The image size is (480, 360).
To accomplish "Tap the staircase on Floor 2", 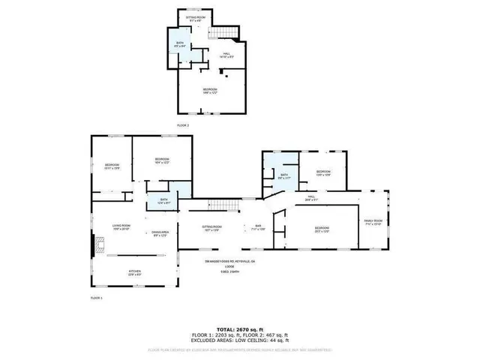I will (x=223, y=32).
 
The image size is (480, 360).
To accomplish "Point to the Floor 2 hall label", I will (x=226, y=55).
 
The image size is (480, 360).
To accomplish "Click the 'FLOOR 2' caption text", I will (x=183, y=124).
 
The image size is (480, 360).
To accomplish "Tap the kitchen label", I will (x=136, y=273).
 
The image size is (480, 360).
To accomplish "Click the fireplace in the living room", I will (x=95, y=245).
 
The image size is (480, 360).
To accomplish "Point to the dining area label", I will (x=159, y=234).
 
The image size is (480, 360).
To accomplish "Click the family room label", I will (x=373, y=222).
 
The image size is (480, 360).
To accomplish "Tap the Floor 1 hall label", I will (x=311, y=199).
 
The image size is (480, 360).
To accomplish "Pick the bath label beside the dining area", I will (x=164, y=200).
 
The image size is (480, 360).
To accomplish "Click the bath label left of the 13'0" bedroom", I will (x=283, y=177).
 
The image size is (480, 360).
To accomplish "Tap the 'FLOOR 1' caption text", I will (x=96, y=298).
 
